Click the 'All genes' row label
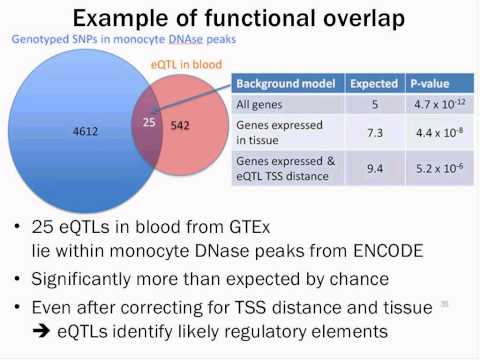259,105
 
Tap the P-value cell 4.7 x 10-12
436,105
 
